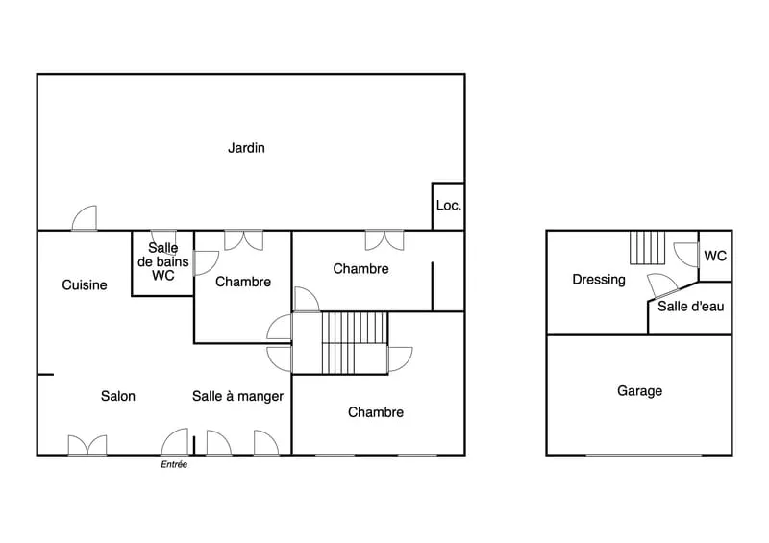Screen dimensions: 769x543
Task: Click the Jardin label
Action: click(246, 148)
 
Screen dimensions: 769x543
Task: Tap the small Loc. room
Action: click(448, 206)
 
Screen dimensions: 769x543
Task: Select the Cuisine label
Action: click(85, 285)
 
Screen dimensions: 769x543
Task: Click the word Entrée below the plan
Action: click(174, 464)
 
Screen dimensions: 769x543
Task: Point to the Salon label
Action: click(117, 396)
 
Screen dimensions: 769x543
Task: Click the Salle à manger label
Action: click(237, 396)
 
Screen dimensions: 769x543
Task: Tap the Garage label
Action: click(639, 391)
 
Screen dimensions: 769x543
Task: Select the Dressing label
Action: click(599, 280)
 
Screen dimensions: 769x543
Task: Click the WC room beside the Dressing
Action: click(715, 256)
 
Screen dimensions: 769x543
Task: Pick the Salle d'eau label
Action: click(690, 307)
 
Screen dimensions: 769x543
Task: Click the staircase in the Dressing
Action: click(647, 247)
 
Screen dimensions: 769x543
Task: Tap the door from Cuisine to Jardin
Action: click(85, 218)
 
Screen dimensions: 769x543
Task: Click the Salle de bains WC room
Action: click(162, 263)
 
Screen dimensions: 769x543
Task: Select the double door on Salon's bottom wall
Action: click(87, 445)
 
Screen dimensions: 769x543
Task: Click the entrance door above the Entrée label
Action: click(175, 442)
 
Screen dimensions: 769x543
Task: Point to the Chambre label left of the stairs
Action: click(243, 282)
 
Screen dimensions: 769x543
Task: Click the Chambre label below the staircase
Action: click(376, 412)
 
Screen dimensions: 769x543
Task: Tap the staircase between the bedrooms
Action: click(355, 343)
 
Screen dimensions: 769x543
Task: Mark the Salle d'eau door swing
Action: click(662, 286)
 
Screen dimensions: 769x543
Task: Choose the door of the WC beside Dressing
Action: click(686, 255)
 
